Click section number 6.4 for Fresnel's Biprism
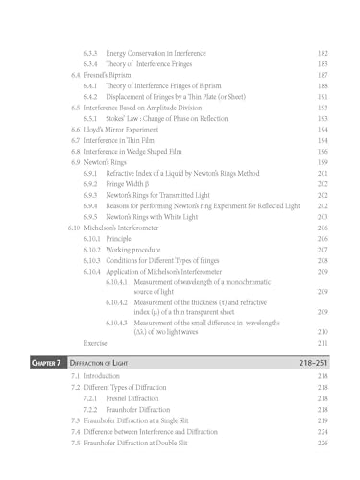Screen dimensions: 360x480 point(77,75)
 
